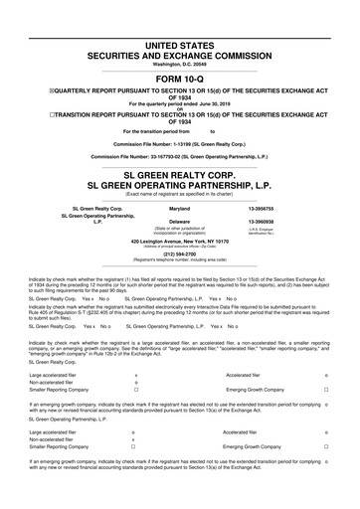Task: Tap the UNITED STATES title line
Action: pos(179,19)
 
